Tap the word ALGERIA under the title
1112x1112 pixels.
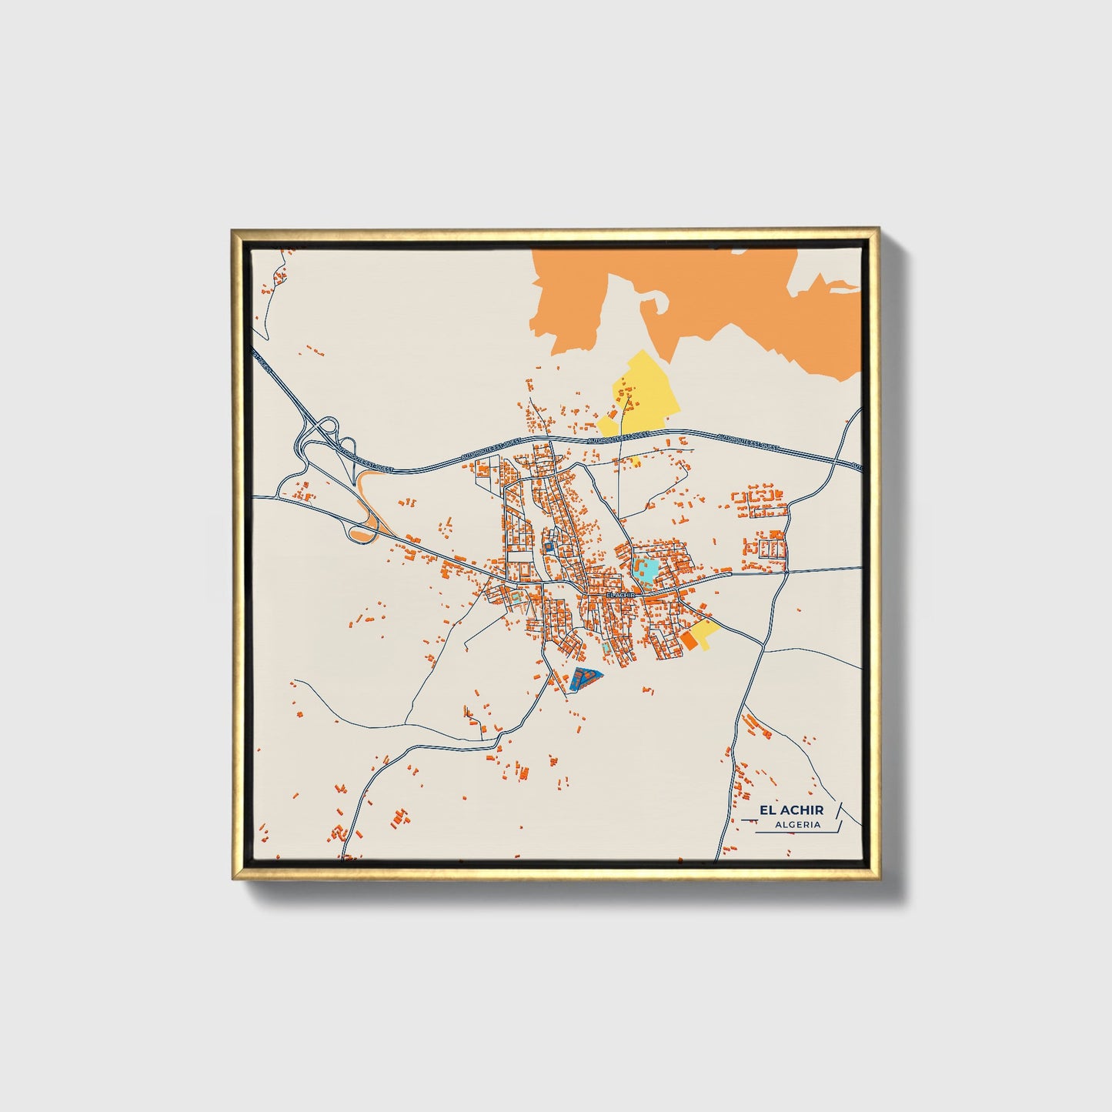(x=799, y=825)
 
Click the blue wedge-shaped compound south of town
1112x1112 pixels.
(x=585, y=679)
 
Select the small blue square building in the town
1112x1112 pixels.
(x=548, y=546)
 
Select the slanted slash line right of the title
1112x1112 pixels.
(x=837, y=816)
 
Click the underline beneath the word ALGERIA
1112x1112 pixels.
(x=793, y=833)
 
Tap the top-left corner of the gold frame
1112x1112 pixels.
(x=233, y=229)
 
